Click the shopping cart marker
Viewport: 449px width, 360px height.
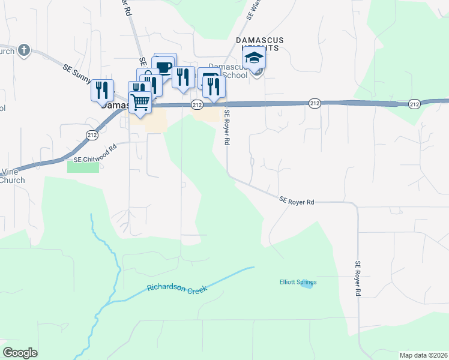(140, 103)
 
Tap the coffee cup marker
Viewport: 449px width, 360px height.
(163, 67)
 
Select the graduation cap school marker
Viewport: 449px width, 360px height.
(255, 58)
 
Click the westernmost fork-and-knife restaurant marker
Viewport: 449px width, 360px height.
(102, 89)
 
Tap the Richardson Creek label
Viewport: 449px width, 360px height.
(177, 289)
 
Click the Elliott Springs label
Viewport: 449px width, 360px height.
(298, 282)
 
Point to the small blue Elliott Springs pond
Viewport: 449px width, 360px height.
(307, 285)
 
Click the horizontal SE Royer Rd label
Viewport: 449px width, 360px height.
(297, 202)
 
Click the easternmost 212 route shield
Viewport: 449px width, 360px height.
(414, 104)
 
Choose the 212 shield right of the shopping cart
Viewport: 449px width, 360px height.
(197, 104)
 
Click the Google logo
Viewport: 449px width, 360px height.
(20, 353)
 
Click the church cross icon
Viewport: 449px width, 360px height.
(23, 50)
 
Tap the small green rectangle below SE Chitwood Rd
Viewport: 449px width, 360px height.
(83, 167)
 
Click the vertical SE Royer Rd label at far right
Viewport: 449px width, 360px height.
(358, 278)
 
